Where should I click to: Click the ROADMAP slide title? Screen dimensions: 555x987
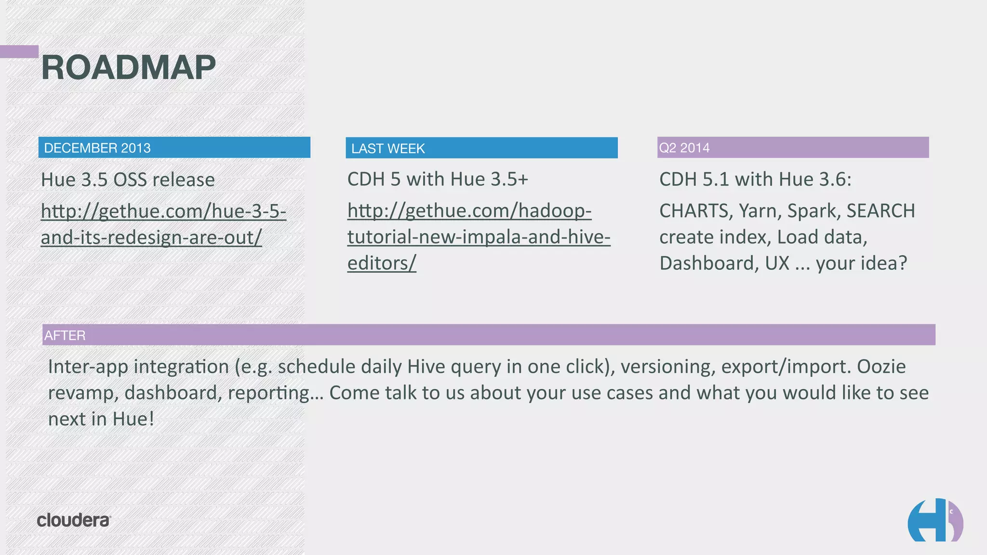(129, 67)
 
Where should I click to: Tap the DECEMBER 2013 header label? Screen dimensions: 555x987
(97, 148)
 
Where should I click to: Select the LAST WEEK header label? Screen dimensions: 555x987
(388, 148)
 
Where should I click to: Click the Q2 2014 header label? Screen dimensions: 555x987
(684, 148)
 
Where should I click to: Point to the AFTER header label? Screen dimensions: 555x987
(65, 335)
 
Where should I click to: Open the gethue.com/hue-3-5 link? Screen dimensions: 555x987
(163, 224)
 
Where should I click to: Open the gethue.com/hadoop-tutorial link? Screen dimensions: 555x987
(479, 237)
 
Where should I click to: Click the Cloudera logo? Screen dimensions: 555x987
(74, 520)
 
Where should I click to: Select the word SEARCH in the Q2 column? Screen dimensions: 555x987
(880, 211)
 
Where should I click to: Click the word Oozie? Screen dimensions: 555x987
(881, 367)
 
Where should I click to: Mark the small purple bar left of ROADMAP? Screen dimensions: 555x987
(19, 52)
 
